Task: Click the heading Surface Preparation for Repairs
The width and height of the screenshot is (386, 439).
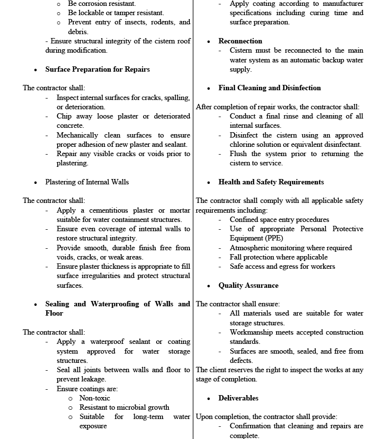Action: tap(98, 69)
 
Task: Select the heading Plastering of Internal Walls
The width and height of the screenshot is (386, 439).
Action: tap(87, 182)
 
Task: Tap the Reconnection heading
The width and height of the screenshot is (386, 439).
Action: tap(240, 41)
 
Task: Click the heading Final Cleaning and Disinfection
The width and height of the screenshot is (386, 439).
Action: tap(269, 88)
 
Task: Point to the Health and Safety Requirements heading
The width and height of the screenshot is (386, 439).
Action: tap(271, 182)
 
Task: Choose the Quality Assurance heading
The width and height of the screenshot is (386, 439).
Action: tap(248, 285)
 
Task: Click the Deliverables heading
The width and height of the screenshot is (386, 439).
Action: tap(238, 398)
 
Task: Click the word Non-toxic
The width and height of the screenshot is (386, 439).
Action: tap(95, 398)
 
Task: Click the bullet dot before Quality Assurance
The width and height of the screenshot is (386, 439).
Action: tap(209, 286)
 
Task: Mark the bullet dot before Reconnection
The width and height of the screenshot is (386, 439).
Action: tap(209, 41)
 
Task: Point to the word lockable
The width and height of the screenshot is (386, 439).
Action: tap(93, 13)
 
